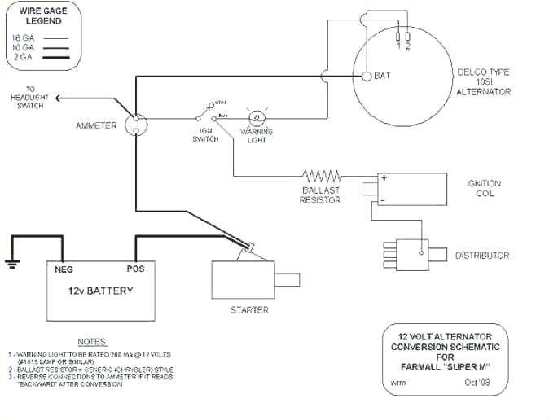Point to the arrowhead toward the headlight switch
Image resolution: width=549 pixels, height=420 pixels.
click(x=59, y=98)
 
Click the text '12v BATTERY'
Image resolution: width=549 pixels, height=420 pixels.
click(x=100, y=291)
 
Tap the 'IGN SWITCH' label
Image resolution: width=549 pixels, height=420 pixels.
click(x=205, y=134)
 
